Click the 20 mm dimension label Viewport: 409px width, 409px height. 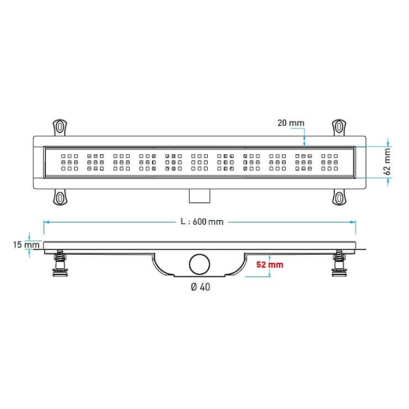pos(291,123)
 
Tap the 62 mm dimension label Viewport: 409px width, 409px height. pos(387,162)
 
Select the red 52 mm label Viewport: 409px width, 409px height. pos(270,264)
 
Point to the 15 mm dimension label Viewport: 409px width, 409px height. pos(26,245)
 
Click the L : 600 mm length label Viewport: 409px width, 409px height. pos(202,222)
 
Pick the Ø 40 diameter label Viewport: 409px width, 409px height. pos(200,287)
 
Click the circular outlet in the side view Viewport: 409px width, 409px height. pos(200,264)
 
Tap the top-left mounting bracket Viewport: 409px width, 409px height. pos(60,128)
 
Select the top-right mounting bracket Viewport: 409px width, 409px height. pos(339,128)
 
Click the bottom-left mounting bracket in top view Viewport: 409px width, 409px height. pos(60,197)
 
